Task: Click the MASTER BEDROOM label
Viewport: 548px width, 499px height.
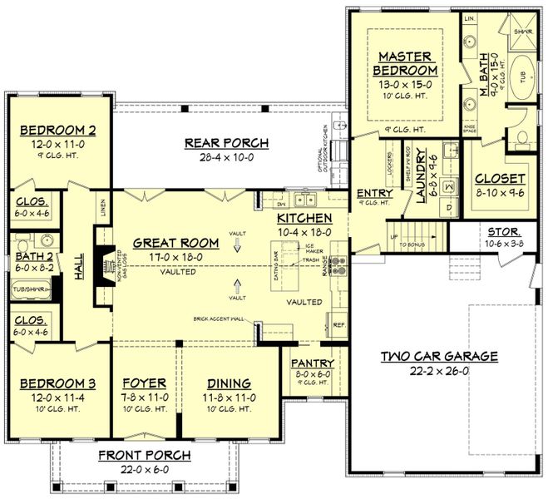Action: pos(404,63)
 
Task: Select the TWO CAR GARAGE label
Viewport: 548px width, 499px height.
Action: pos(440,357)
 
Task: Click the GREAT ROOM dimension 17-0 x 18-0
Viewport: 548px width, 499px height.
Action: pos(174,257)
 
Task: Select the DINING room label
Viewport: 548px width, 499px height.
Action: pos(228,383)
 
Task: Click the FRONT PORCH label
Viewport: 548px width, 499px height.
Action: pos(144,455)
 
